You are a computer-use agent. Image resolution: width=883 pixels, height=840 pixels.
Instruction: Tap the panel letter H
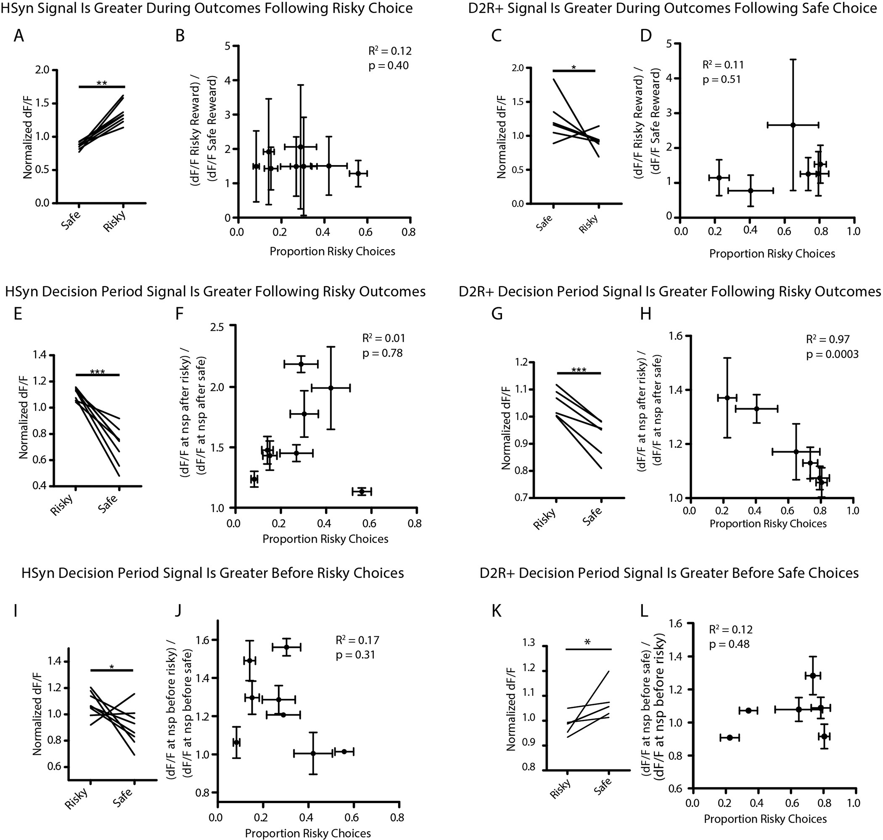[x=645, y=314]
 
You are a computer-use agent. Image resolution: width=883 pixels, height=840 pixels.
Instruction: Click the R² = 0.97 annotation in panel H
[x=827, y=340]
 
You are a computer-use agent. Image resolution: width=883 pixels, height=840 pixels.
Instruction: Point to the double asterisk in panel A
[x=102, y=83]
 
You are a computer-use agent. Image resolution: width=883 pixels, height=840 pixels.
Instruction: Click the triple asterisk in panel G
[x=578, y=370]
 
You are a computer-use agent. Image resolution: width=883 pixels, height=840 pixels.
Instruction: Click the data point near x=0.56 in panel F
[x=362, y=492]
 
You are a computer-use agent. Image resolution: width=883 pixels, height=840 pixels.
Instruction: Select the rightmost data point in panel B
[x=358, y=173]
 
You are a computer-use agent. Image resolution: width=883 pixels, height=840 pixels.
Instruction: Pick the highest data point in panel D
[x=793, y=125]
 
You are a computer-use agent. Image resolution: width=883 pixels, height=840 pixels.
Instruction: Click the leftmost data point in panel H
[x=727, y=398]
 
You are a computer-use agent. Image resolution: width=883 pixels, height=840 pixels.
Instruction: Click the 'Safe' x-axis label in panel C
[x=545, y=223]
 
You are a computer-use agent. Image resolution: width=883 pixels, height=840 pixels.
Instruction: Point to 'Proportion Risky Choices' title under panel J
[x=308, y=833]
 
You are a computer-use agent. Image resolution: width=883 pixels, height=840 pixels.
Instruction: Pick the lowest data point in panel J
[x=313, y=753]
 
